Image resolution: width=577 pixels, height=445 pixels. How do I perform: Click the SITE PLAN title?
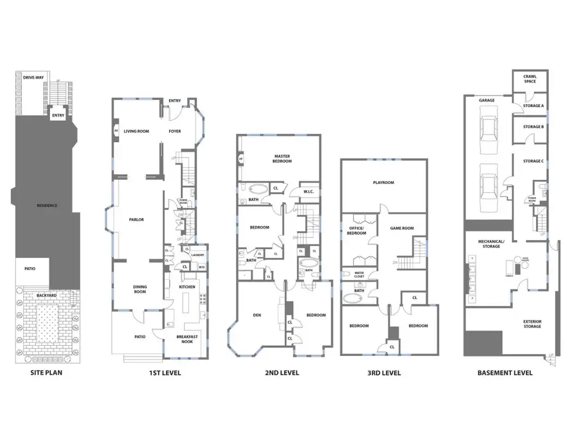(x=46, y=373)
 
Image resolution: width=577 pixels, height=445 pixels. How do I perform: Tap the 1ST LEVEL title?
(x=166, y=373)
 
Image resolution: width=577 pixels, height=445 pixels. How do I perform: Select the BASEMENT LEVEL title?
(x=505, y=373)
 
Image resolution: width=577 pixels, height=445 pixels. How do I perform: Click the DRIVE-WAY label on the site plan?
(x=33, y=77)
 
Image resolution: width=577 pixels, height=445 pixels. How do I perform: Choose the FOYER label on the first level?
(x=174, y=131)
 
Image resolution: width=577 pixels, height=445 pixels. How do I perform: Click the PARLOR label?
(x=136, y=220)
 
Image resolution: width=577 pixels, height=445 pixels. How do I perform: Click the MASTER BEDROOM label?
(x=283, y=159)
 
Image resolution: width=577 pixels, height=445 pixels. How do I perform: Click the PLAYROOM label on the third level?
(x=383, y=182)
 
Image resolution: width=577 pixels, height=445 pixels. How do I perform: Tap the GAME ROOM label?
(x=402, y=228)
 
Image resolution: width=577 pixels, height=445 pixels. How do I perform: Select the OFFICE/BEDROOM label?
(x=356, y=231)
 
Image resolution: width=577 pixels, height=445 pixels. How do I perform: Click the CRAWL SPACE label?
(x=531, y=79)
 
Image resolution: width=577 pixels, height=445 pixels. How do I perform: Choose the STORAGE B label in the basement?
(x=533, y=127)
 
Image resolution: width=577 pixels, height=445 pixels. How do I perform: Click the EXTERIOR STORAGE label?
(x=531, y=324)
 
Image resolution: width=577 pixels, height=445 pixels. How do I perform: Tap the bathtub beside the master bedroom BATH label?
(x=259, y=189)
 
